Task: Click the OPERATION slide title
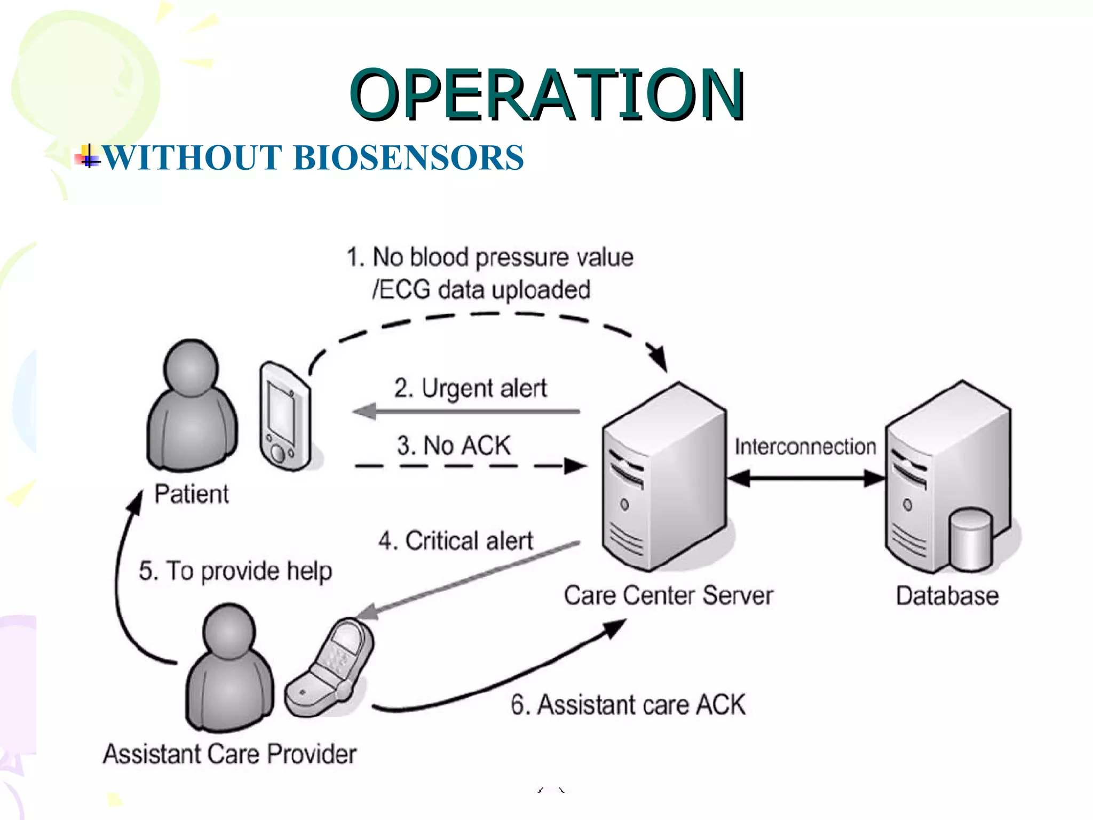coord(547,94)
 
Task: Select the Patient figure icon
coord(192,406)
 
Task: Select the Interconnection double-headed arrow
coord(806,478)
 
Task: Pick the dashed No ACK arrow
coord(470,466)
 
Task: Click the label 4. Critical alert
coord(456,541)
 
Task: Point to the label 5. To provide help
coord(235,571)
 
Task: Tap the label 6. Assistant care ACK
coord(628,705)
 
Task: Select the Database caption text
coord(947,596)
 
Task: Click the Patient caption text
coord(192,494)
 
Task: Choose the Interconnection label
coord(805,447)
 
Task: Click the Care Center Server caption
coord(668,596)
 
